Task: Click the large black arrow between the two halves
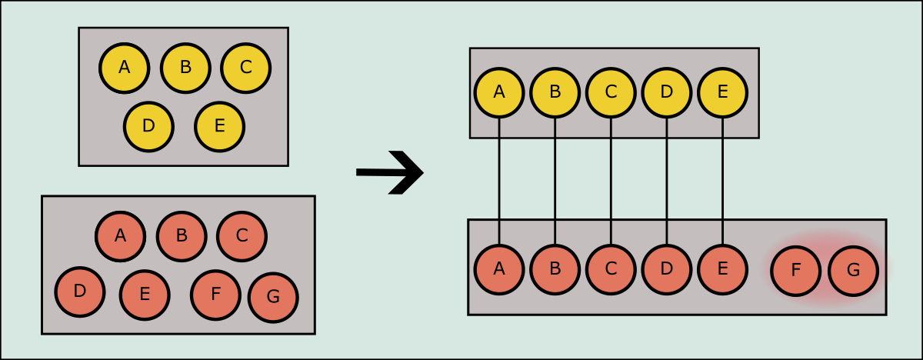(x=390, y=172)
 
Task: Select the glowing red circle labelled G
(x=853, y=270)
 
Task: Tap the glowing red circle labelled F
(x=795, y=270)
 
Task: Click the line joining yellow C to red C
(x=611, y=181)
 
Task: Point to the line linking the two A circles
(x=499, y=181)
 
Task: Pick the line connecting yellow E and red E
(x=722, y=181)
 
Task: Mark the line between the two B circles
(x=555, y=181)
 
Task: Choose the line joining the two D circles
(x=666, y=181)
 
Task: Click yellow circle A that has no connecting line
(x=124, y=68)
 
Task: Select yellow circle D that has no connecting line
(x=148, y=126)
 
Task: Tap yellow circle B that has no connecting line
(x=185, y=68)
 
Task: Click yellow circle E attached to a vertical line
(x=722, y=92)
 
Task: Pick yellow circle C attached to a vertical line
(x=611, y=92)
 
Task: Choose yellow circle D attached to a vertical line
(x=666, y=92)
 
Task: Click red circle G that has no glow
(x=273, y=297)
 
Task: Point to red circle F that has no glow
(x=215, y=295)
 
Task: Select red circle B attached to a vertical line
(x=555, y=269)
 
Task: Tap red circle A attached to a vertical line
(x=499, y=269)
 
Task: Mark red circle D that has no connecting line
(x=79, y=292)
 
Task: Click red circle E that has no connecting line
(x=145, y=295)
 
